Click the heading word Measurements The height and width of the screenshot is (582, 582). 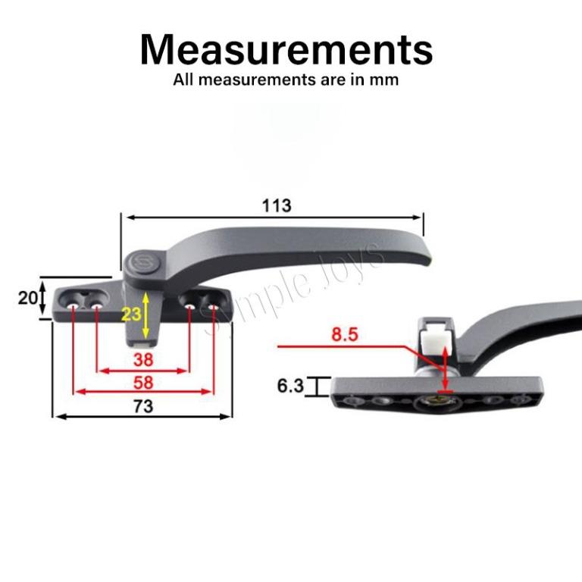(x=286, y=49)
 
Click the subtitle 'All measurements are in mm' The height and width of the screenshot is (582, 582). (x=286, y=80)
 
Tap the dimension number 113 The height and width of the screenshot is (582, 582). (x=276, y=205)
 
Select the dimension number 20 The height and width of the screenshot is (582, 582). (x=28, y=298)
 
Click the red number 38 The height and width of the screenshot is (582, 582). (x=142, y=358)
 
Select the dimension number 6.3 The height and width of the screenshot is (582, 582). (x=290, y=386)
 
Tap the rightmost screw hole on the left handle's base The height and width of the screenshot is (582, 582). (x=213, y=306)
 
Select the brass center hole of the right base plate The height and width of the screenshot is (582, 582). (x=438, y=399)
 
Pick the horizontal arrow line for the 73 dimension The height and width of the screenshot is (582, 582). (x=141, y=417)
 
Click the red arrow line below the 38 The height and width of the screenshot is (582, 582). (x=142, y=371)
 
